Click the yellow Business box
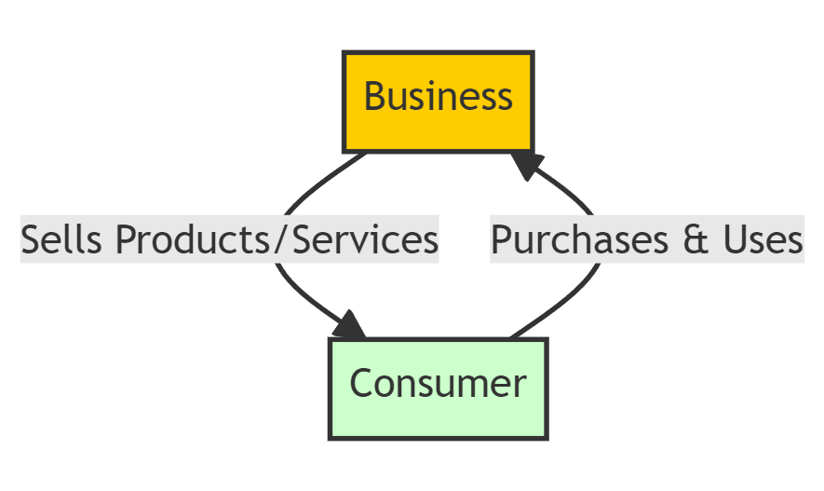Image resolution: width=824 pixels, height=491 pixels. [x=438, y=102]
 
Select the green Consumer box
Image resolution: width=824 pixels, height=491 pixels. [x=438, y=388]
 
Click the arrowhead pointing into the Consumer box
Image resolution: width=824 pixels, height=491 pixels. [x=351, y=326]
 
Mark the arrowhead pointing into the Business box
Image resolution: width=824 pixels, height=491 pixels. [x=525, y=165]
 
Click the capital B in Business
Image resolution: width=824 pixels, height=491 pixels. [x=374, y=97]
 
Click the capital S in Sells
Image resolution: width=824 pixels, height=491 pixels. [x=30, y=240]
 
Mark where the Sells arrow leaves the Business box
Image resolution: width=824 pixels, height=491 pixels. [x=365, y=153]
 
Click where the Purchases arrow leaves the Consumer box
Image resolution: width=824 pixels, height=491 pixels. [x=511, y=337]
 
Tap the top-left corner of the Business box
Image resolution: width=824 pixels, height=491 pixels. [x=344, y=53]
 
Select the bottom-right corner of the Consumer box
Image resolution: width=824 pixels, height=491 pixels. [x=547, y=437]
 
